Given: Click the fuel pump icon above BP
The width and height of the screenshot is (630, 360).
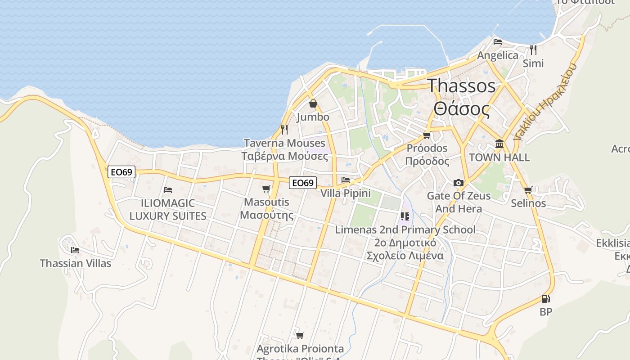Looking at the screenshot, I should (545, 298).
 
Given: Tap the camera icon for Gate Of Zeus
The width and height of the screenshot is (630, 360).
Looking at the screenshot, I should (459, 183).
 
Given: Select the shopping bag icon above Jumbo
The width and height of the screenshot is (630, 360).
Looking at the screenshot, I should (313, 103).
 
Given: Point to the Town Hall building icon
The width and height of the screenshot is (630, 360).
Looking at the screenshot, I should (499, 144).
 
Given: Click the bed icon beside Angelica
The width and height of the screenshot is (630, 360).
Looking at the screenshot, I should (497, 42).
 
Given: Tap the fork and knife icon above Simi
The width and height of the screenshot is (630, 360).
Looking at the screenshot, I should (533, 49).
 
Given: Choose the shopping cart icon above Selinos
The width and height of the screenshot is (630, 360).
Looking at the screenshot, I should (528, 190).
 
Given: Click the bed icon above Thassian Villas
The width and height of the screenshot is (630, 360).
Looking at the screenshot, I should (75, 250).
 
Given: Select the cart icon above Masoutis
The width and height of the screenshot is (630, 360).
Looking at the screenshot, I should (266, 189).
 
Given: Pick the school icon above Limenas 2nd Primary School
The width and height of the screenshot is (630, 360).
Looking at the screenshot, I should (405, 216).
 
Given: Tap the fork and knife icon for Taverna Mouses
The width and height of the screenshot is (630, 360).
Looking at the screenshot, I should (284, 130).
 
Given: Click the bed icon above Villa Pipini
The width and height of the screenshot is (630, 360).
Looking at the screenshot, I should (346, 180).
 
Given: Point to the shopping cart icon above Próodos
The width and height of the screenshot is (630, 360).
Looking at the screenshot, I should (427, 135).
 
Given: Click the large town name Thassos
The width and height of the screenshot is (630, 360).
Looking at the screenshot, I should (461, 85).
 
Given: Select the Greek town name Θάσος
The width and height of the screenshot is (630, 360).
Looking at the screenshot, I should (461, 109).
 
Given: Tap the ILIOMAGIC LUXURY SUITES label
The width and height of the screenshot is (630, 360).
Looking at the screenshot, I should (168, 210).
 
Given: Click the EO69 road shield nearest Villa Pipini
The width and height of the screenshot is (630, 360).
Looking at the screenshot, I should (302, 183).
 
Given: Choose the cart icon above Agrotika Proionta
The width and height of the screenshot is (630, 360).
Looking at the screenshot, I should (300, 335).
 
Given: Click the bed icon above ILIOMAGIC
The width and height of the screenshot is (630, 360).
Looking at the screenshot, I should (168, 190).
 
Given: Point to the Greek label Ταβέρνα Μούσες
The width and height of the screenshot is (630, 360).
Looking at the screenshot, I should (285, 156).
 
